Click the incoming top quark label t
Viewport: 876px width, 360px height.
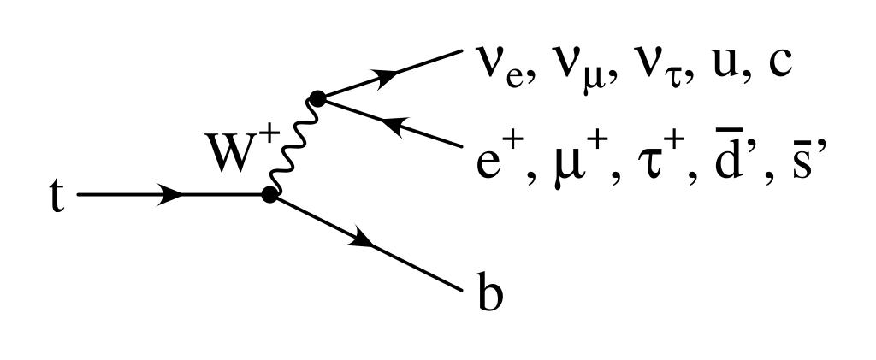(56, 198)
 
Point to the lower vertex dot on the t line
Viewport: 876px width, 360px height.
(270, 195)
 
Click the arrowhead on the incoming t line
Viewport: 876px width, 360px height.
(171, 195)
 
